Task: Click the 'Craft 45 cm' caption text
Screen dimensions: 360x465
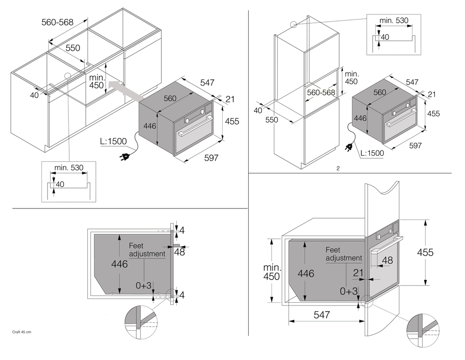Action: point(21,332)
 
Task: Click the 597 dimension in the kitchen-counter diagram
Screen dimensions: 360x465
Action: point(211,158)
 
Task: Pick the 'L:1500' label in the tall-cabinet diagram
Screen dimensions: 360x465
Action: point(372,153)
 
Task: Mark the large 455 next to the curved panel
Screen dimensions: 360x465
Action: point(425,252)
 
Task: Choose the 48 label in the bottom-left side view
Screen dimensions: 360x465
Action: point(179,252)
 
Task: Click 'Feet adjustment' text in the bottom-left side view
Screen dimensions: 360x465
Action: point(147,250)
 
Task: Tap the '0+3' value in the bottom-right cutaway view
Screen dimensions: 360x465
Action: point(349,291)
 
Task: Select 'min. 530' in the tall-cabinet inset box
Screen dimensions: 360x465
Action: point(394,20)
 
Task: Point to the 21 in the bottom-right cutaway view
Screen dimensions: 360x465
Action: point(358,273)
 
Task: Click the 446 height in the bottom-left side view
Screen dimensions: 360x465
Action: point(120,264)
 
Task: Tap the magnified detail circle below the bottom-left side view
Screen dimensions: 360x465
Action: point(140,321)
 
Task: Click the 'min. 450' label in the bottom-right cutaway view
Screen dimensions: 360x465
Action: point(272,272)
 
